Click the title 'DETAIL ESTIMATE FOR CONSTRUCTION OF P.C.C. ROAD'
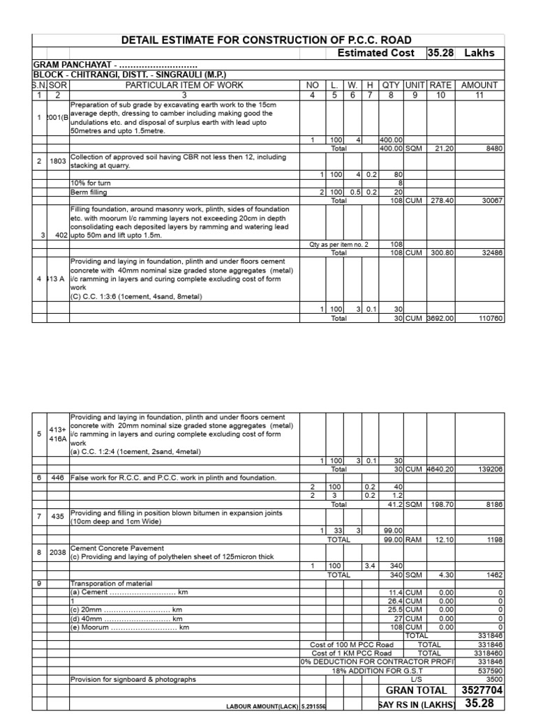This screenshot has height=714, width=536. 267,40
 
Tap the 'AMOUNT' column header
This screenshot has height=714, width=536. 479,85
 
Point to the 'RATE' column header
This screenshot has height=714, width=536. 440,85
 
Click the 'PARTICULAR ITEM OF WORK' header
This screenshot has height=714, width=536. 184,85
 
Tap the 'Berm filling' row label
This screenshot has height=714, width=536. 89,192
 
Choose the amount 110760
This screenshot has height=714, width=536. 489,318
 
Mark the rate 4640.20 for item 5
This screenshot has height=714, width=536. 440,470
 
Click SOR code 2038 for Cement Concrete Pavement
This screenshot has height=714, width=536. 58,552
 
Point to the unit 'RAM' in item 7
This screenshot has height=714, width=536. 415,539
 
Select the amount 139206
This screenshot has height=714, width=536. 489,470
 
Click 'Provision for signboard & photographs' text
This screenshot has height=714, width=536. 133,679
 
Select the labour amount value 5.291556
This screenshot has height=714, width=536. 313,706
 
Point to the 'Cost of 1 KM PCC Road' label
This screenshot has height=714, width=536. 352,653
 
